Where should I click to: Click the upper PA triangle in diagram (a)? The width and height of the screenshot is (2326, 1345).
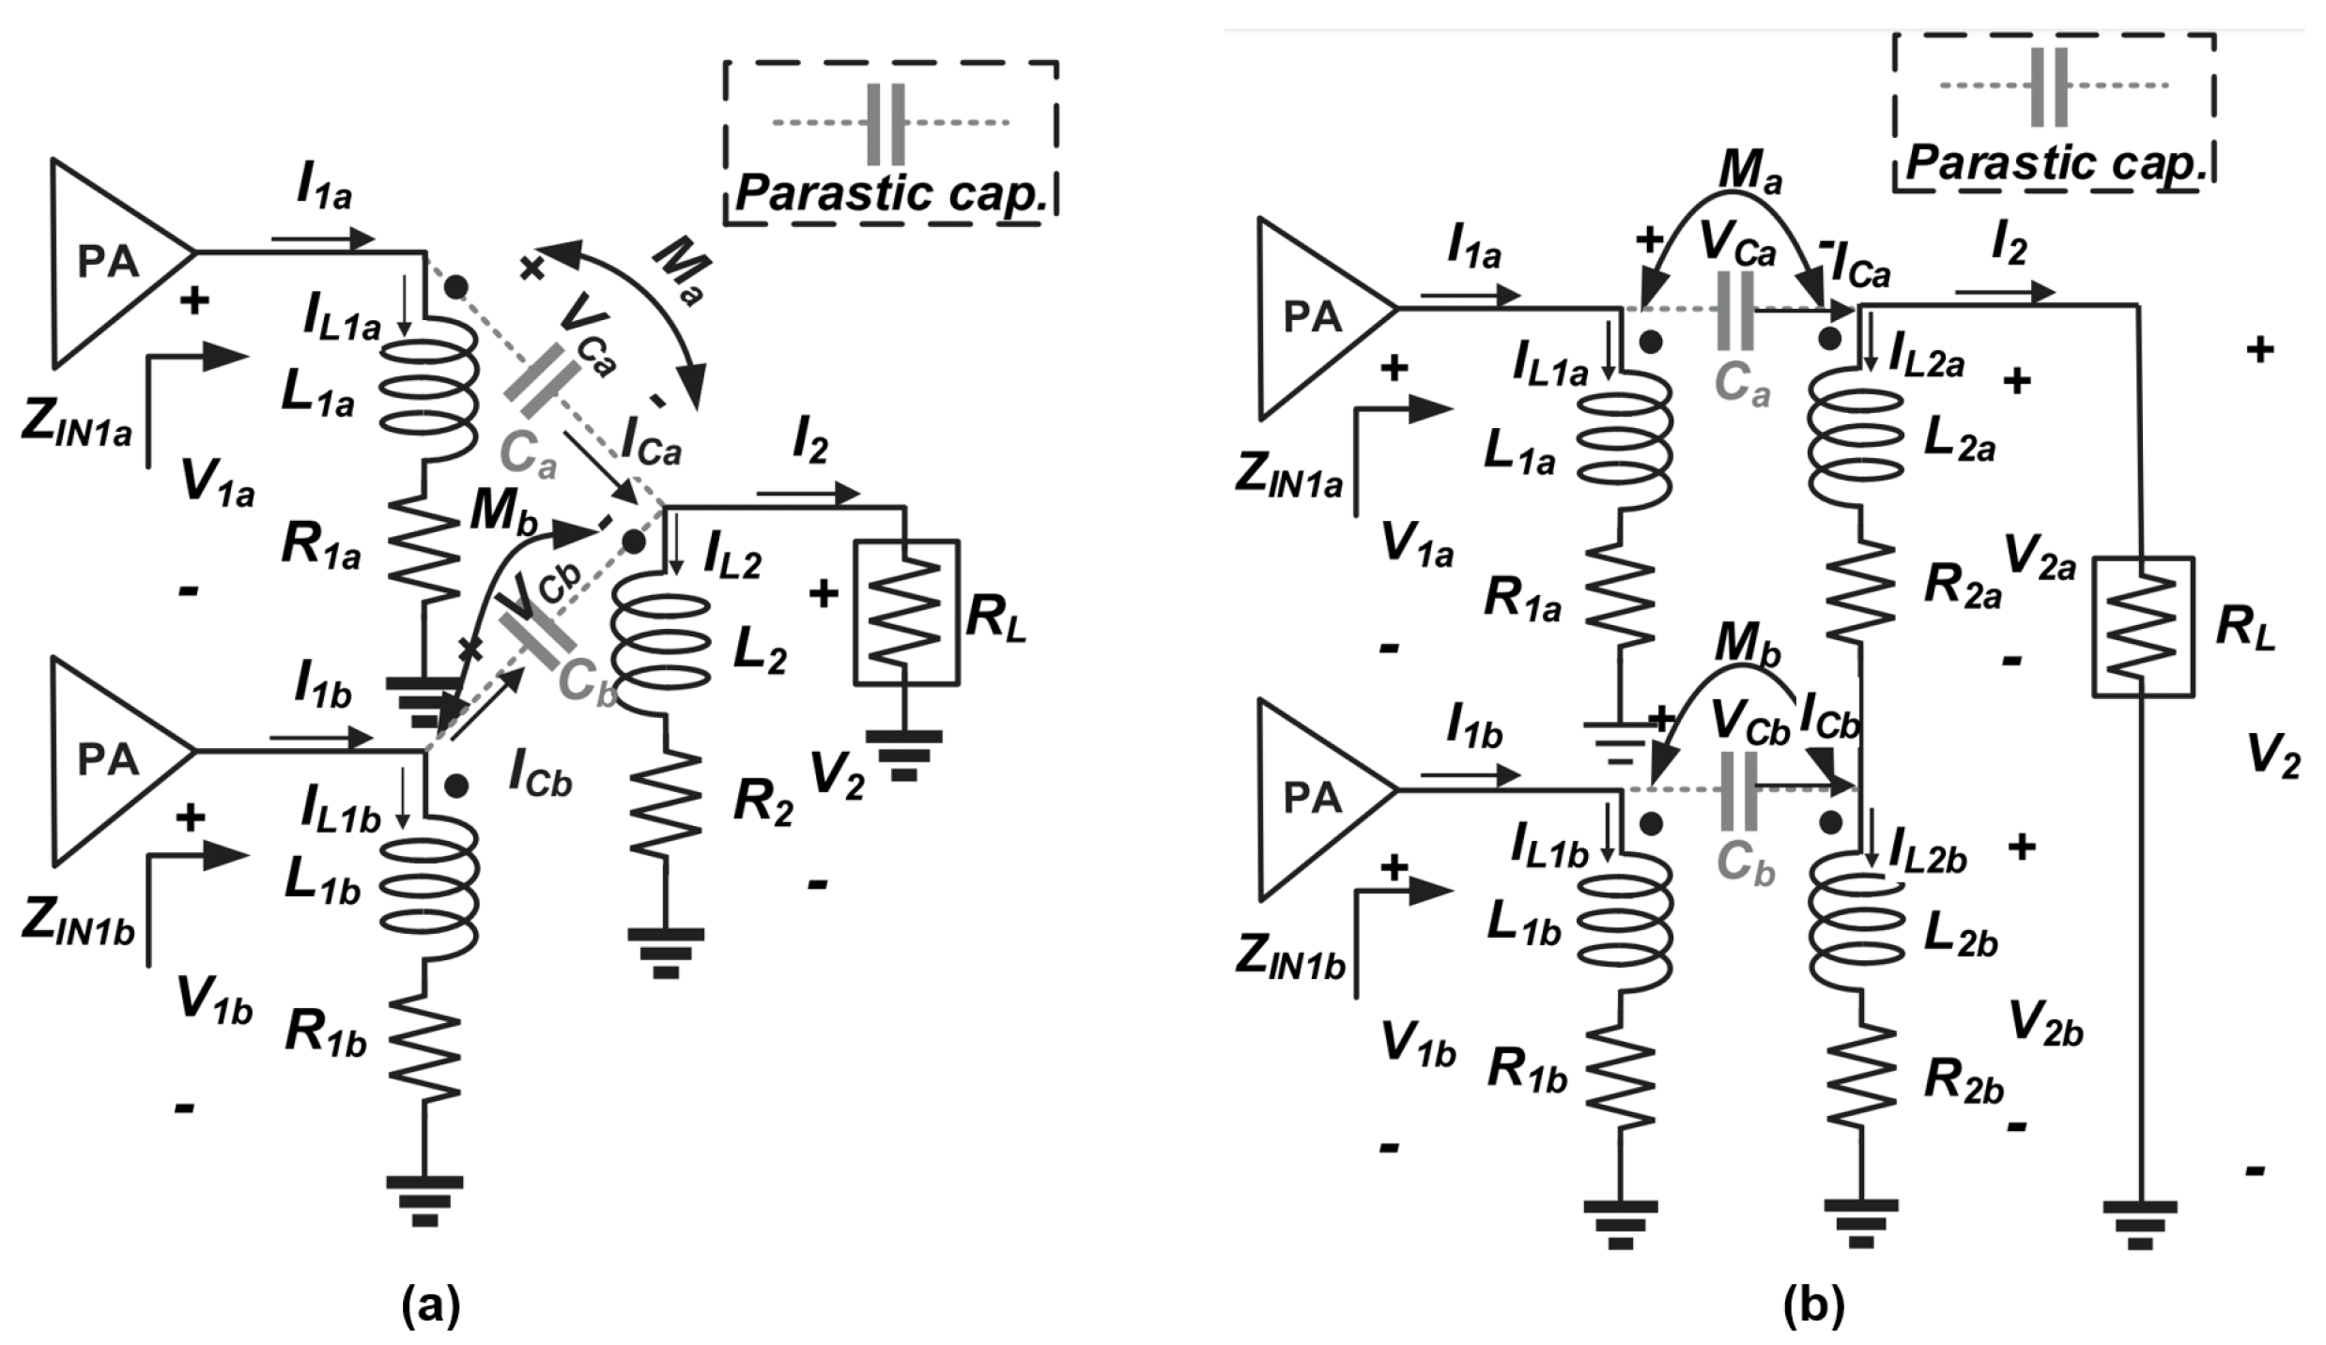tap(108, 262)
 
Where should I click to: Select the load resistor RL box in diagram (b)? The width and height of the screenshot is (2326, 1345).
tap(2142, 626)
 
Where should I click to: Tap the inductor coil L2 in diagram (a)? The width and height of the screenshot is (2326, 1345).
tap(662, 638)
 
